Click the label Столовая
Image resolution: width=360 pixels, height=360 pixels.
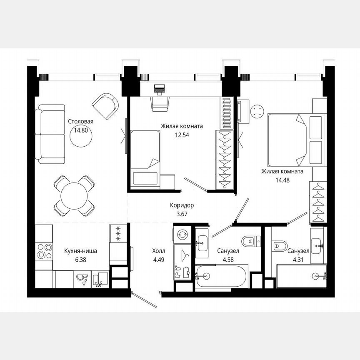[x=81, y=122]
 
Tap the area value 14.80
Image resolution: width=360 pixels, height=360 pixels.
[x=81, y=130]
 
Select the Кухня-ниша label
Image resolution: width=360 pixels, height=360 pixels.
[x=81, y=251]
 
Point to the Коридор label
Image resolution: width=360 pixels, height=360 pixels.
[x=182, y=205]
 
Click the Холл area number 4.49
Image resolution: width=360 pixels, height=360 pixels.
[x=159, y=259]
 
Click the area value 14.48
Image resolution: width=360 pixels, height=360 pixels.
[x=282, y=180]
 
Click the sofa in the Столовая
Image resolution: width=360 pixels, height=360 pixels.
[x=50, y=134]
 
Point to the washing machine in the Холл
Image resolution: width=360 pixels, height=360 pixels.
[x=182, y=235]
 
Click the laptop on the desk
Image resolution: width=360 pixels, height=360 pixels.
[x=159, y=89]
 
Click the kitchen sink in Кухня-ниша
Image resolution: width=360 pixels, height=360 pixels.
[x=100, y=279]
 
